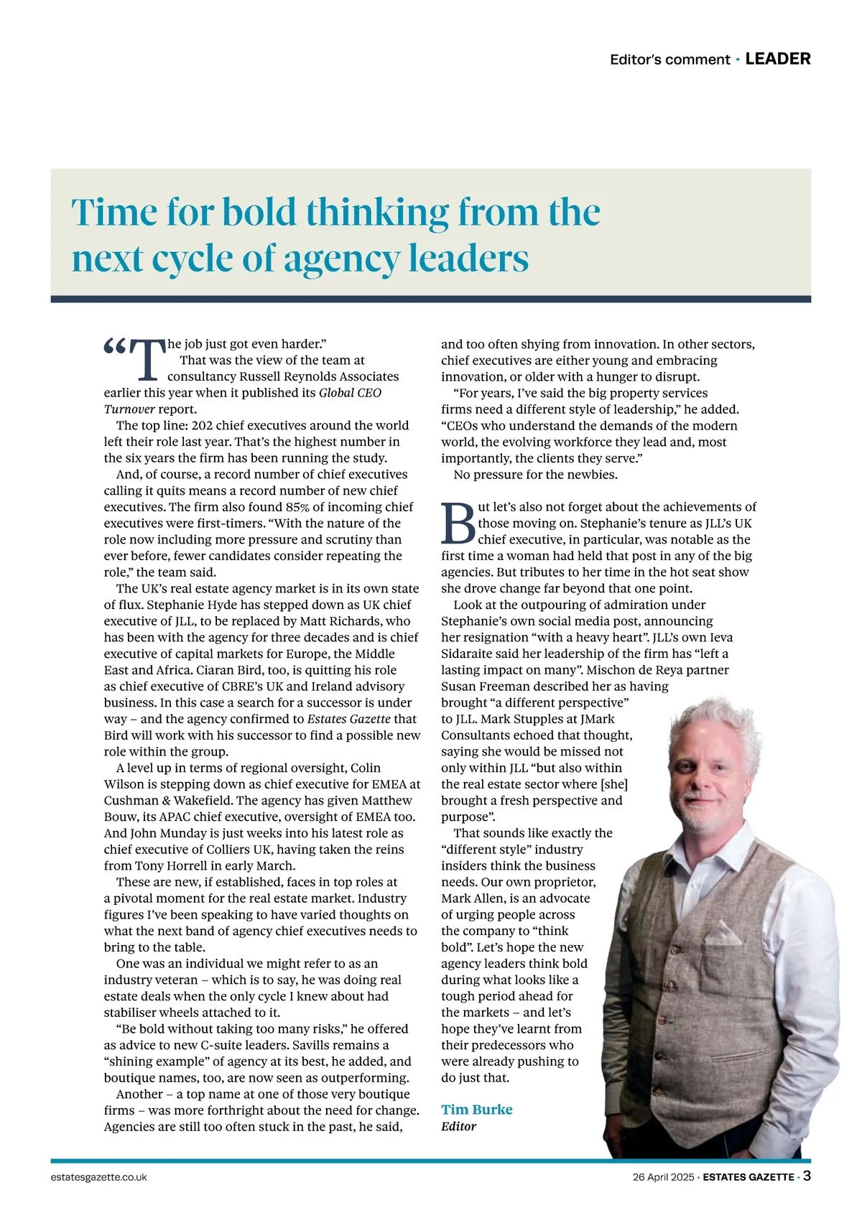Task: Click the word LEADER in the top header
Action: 778,59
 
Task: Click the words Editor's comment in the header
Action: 669,60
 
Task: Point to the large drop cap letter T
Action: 149,360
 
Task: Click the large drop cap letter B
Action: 458,523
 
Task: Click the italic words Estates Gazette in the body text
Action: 348,719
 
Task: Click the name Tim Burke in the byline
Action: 476,1110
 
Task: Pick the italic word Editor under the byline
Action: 458,1126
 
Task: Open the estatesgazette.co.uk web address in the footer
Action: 99,1177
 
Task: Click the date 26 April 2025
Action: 663,1177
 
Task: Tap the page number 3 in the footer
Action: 807,1176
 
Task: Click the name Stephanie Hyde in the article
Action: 182,605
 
